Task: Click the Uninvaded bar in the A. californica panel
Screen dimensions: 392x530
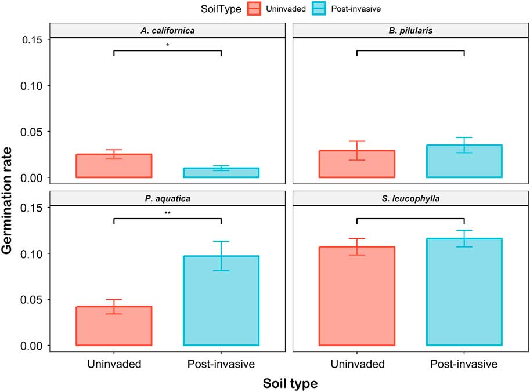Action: (114, 166)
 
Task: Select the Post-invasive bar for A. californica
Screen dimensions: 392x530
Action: (221, 173)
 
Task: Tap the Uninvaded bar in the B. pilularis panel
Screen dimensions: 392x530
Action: (357, 164)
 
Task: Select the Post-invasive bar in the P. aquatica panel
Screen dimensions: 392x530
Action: (221, 301)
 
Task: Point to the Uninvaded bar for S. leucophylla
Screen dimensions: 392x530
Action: (357, 296)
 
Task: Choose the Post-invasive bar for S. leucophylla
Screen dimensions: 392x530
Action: (464, 292)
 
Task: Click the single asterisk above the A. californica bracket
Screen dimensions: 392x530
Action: (167, 45)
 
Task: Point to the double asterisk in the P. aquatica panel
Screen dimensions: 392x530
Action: (167, 213)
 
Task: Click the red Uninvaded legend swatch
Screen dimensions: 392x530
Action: (254, 9)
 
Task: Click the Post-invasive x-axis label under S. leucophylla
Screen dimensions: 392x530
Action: (464, 364)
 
